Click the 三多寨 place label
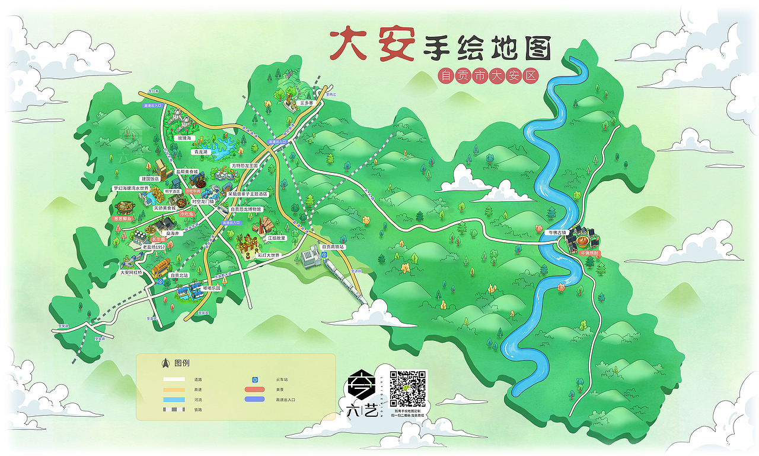(306, 103)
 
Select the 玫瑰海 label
(186, 138)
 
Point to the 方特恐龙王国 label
(245, 166)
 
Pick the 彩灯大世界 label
(268, 255)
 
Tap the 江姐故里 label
(276, 238)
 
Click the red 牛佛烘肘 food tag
(590, 253)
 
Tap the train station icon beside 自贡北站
(161, 283)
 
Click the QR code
(408, 388)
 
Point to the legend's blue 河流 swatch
(175, 400)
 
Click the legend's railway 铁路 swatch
(175, 410)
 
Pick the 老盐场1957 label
(154, 246)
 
